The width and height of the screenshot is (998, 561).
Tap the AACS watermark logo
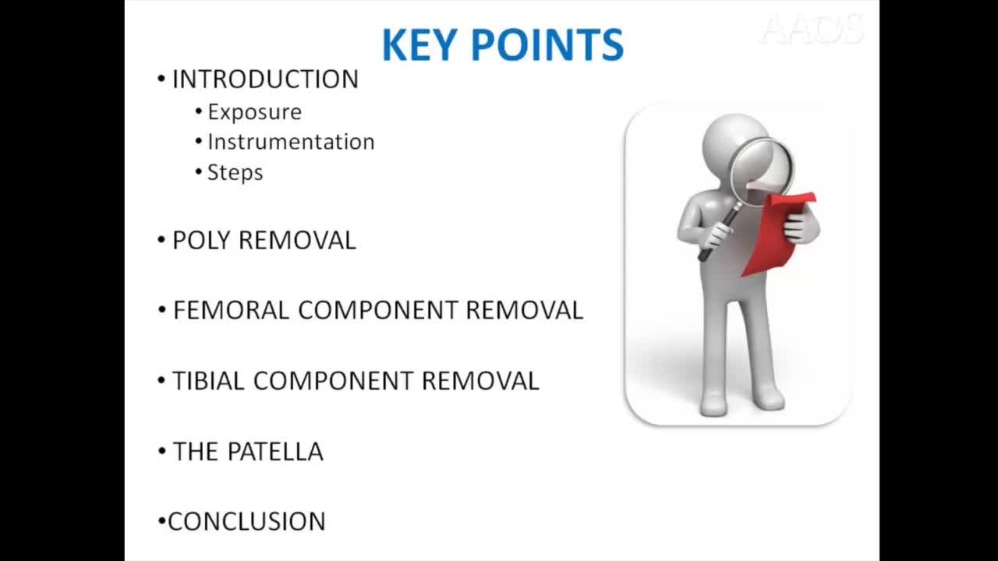[811, 30]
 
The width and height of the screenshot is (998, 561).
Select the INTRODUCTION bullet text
[265, 79]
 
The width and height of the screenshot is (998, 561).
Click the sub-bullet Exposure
[254, 112]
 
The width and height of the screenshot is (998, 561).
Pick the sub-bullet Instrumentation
[291, 142]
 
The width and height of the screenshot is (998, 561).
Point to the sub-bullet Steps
[235, 172]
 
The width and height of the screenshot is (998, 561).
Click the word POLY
[202, 241]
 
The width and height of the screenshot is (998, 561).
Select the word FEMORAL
[232, 310]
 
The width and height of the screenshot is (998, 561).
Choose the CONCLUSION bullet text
[246, 521]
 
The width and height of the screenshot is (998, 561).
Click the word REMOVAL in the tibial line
[480, 381]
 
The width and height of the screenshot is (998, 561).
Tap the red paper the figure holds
[776, 234]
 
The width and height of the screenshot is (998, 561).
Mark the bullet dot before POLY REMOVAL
[161, 241]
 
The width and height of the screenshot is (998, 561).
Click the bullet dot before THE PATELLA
[161, 452]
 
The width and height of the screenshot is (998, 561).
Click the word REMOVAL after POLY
[297, 241]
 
